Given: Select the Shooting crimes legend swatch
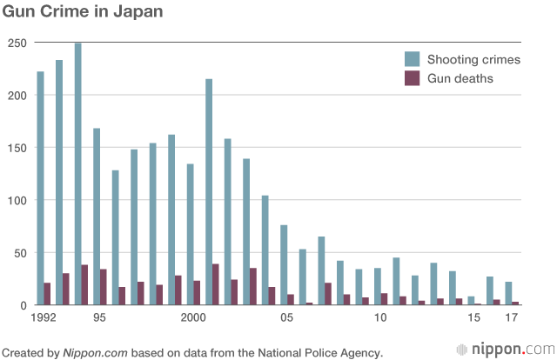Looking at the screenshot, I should click(412, 59).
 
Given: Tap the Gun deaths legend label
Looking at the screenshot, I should click(460, 78).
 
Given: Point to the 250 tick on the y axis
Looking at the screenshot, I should click(17, 43).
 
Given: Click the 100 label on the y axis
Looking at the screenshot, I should click(17, 200).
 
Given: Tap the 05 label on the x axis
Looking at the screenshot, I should click(285, 318).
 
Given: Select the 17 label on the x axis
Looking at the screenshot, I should click(512, 318).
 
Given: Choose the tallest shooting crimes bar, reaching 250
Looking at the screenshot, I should click(77, 174).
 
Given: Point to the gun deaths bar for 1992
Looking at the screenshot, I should click(47, 294).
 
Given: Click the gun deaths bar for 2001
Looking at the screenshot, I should click(216, 284).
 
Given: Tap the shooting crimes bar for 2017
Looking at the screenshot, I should click(508, 294).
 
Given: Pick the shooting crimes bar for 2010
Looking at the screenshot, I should click(378, 287).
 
